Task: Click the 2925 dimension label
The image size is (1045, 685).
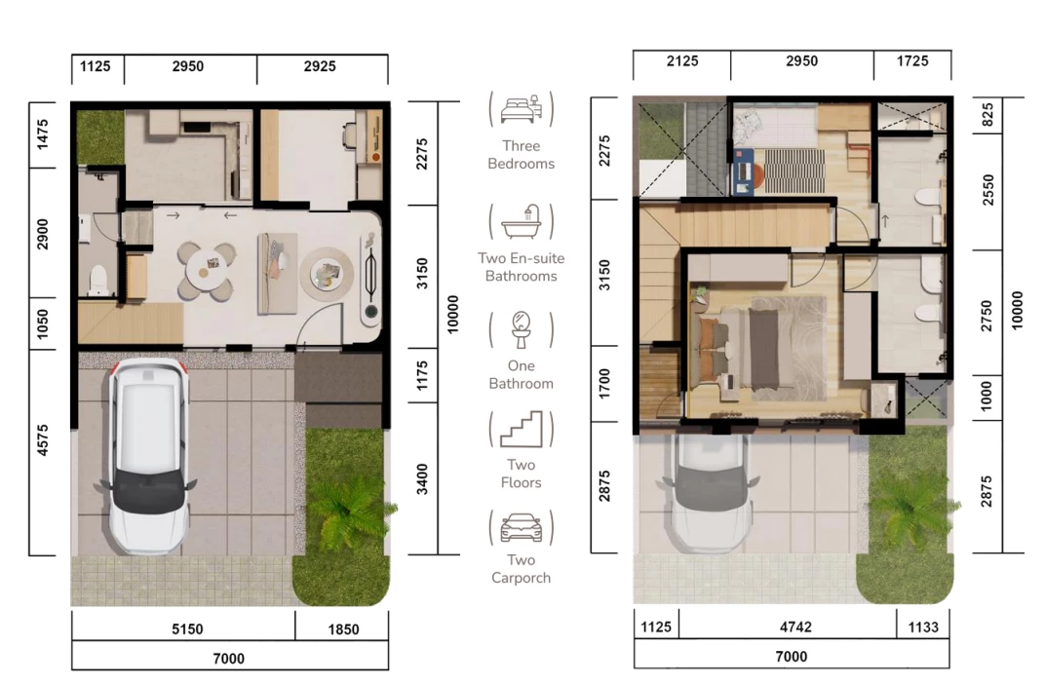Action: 320,66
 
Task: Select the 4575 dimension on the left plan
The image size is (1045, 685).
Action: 43,440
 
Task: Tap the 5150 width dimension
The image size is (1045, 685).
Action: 187,629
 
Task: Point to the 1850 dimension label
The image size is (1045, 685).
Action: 343,629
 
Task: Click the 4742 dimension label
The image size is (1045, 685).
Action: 795,628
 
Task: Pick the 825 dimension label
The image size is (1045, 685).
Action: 987,115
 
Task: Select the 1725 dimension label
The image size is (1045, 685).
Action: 912,61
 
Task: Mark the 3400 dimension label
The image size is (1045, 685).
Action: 422,479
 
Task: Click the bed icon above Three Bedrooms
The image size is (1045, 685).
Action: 521,109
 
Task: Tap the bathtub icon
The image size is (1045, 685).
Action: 522,222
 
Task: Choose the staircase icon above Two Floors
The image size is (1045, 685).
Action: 522,429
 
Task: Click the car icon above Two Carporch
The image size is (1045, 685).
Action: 522,528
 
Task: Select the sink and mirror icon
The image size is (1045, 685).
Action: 522,329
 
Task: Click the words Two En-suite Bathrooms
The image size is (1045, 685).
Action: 522,267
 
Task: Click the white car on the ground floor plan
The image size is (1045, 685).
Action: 147,456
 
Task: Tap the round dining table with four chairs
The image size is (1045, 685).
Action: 206,270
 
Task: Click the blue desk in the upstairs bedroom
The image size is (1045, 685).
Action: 743,171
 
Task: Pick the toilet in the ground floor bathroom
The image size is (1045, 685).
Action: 97,280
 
